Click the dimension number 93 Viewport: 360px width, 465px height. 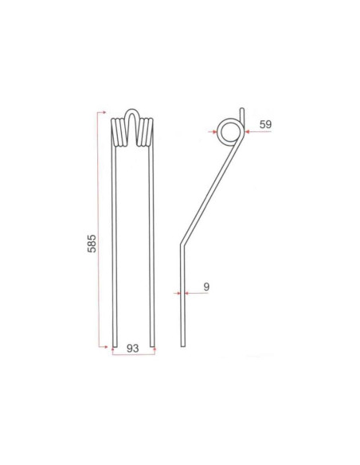click(x=132, y=348)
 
